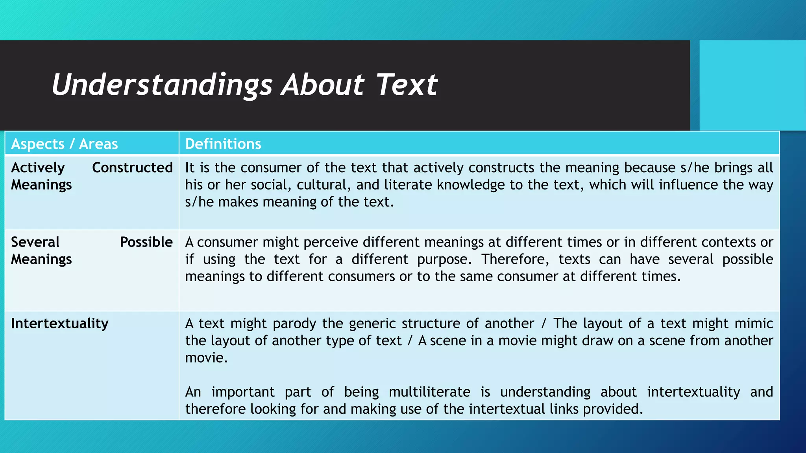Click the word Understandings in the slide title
[162, 85]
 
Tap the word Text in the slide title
[407, 85]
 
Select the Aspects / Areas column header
[65, 144]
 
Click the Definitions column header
[223, 144]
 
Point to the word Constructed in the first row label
[132, 168]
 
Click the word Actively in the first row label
[38, 168]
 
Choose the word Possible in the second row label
[146, 242]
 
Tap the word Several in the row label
[35, 242]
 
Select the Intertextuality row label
[59, 323]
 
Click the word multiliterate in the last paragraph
[429, 392]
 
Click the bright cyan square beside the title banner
[752, 85]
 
